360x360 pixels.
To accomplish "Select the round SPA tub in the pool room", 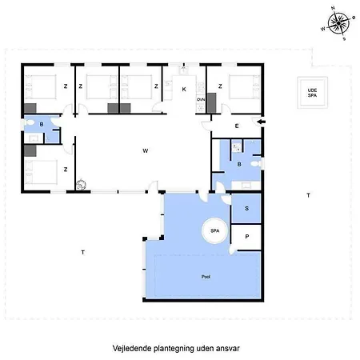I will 215,230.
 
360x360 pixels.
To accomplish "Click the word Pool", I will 206,275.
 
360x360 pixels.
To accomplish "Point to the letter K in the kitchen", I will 184,90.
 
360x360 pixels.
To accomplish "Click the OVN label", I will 202,98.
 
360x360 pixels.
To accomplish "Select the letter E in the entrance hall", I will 237,126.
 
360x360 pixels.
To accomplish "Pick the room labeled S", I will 246,209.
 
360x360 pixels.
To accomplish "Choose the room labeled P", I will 246,238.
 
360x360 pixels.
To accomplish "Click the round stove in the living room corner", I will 80,185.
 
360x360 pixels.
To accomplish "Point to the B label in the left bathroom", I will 42,125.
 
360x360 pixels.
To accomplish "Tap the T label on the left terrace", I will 82,253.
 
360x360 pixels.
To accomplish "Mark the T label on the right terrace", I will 308,195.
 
